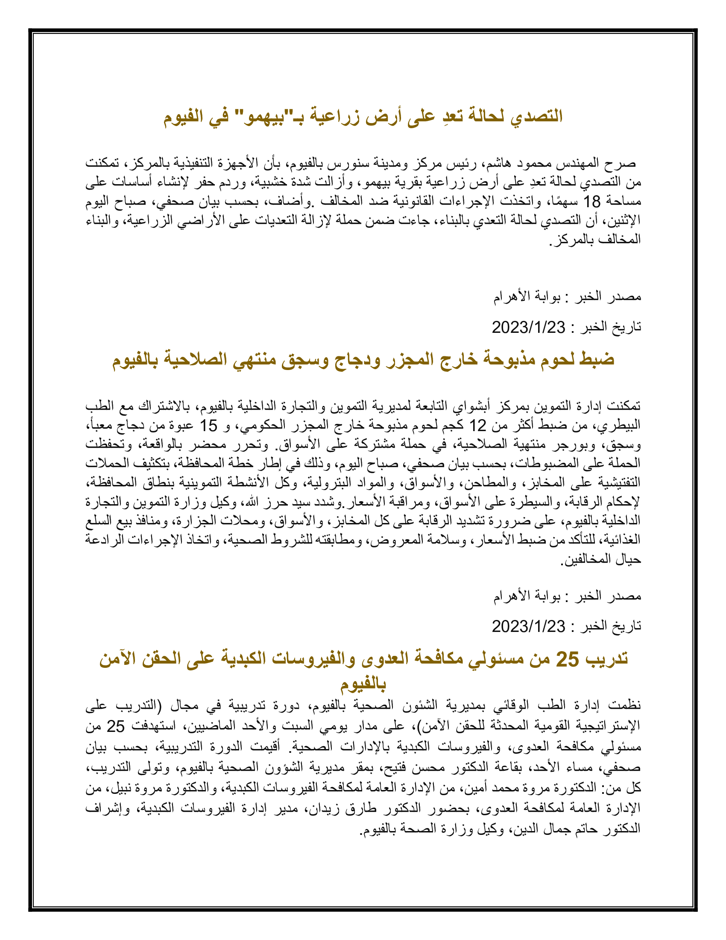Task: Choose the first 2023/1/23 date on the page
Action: (529, 328)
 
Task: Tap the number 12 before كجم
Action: (477, 426)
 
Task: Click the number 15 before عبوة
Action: (208, 426)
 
